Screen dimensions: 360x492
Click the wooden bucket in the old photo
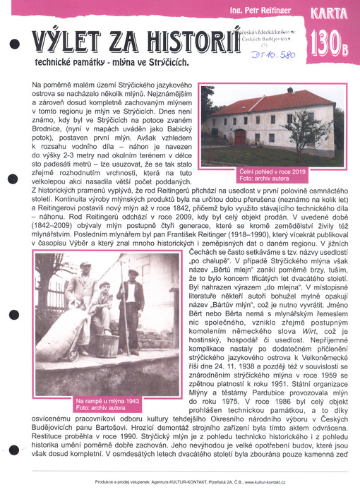coord(106,344)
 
